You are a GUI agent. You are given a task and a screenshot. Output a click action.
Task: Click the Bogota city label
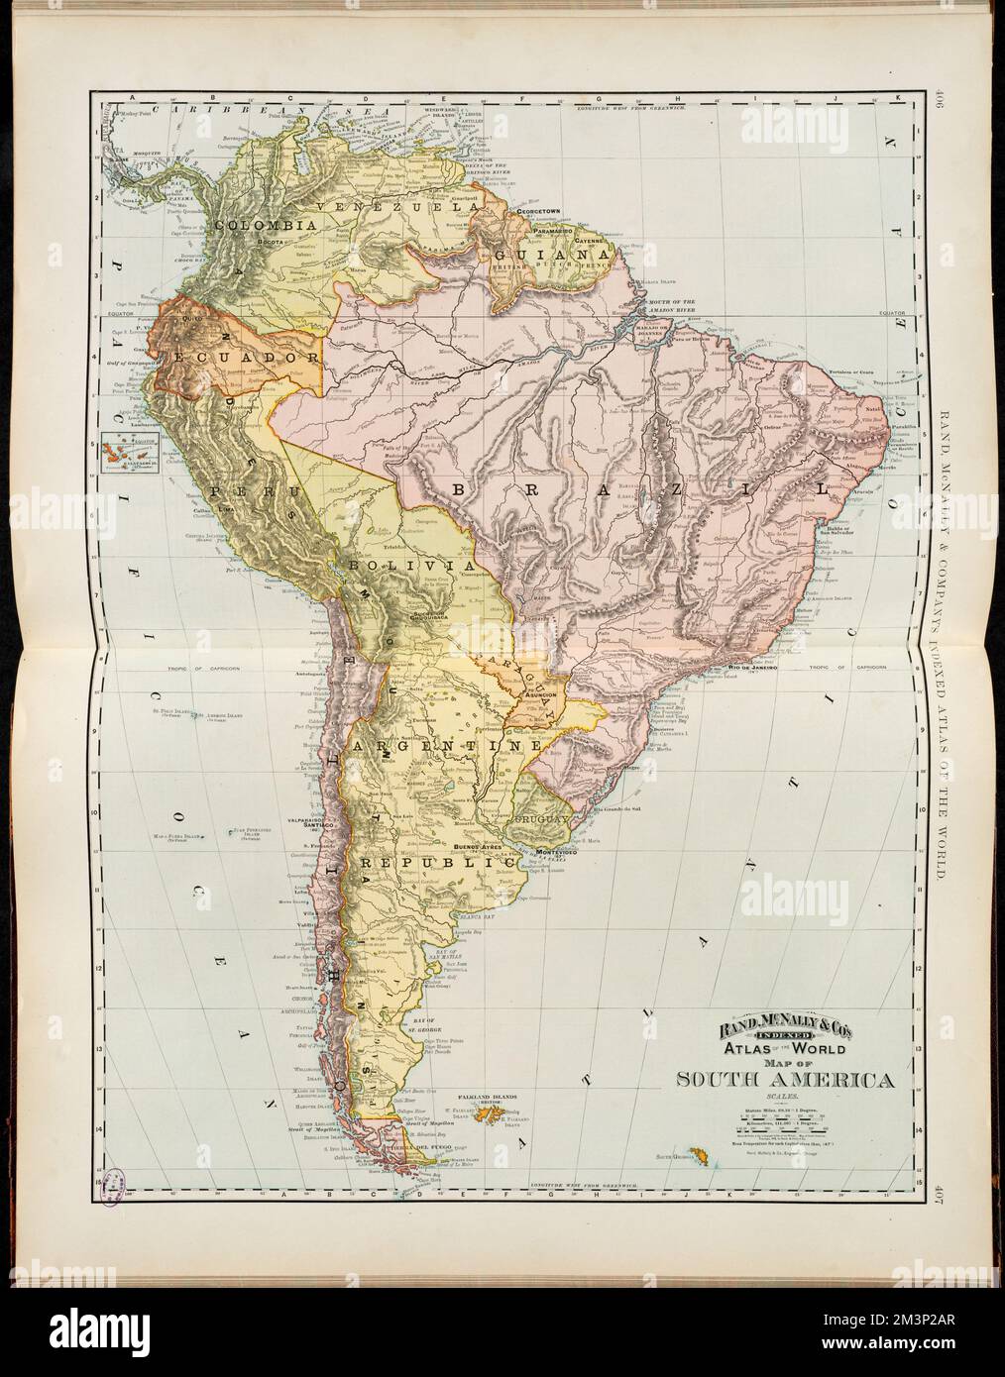[272, 241]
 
